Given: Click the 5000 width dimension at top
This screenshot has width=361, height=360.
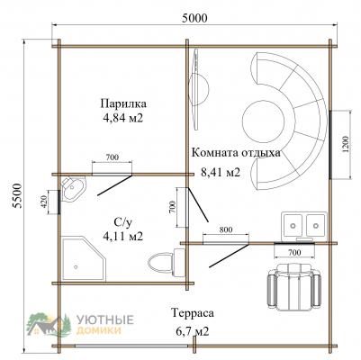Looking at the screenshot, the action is [x=194, y=18].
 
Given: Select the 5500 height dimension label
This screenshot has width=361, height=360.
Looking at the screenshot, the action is [x=18, y=195].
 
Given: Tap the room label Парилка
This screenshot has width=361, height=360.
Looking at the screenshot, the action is [x=123, y=103].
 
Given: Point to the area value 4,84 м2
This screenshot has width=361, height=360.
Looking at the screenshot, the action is [x=122, y=118].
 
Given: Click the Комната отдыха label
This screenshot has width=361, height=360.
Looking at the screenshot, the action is [x=236, y=153].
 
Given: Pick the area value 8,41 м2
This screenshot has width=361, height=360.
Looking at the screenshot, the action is [x=221, y=172].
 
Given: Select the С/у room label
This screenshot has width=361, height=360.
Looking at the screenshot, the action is [x=122, y=222].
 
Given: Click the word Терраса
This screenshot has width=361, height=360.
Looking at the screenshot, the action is [x=193, y=313].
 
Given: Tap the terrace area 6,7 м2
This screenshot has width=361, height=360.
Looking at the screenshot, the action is [x=193, y=331].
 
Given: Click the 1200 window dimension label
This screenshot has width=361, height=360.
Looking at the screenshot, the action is [x=346, y=145].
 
